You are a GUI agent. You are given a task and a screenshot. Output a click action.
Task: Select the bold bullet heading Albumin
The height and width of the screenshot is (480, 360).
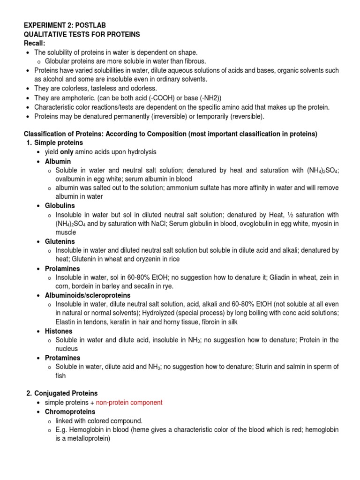(58, 161)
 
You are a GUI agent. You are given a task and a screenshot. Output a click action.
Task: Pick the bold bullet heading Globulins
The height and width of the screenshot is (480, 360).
(60, 205)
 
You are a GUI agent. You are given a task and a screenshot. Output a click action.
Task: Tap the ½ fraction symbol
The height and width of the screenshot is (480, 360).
(291, 215)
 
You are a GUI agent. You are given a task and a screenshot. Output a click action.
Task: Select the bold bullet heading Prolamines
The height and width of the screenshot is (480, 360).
(62, 269)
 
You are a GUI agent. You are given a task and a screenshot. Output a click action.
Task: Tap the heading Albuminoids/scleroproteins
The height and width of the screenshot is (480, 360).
(87, 295)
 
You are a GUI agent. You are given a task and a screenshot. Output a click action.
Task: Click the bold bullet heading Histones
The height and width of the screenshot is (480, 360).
(59, 331)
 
